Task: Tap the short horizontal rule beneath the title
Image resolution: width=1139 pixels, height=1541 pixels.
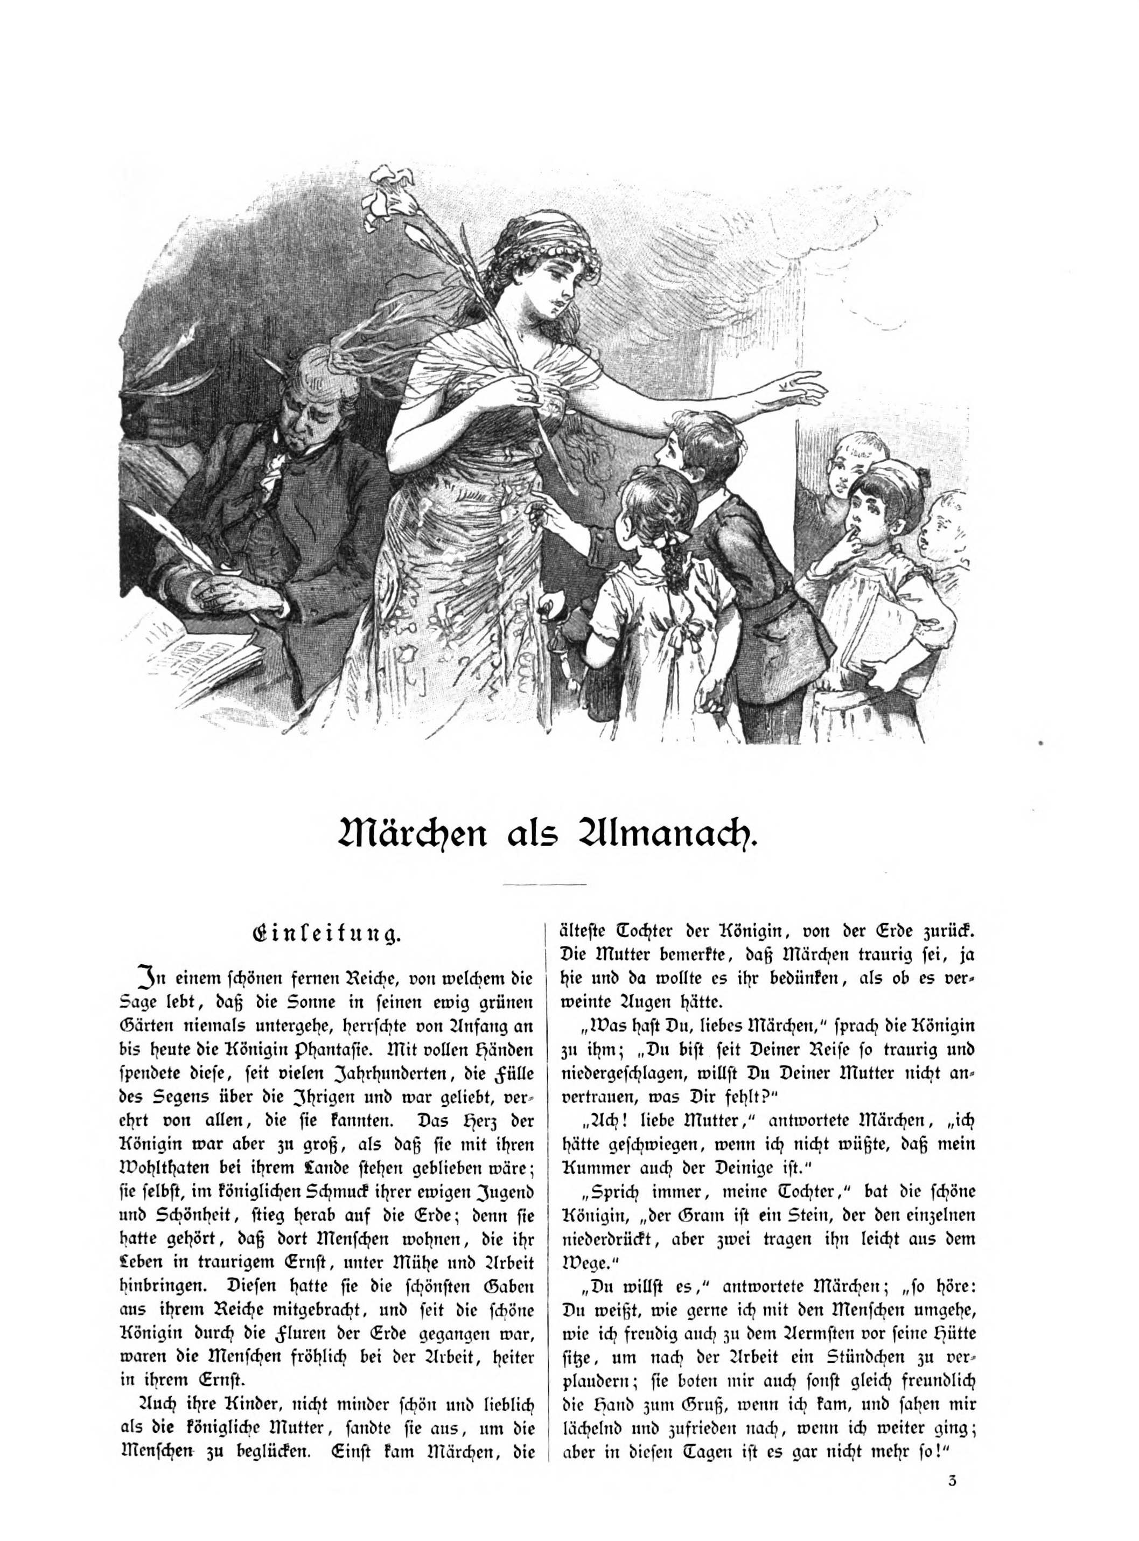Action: tap(544, 884)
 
